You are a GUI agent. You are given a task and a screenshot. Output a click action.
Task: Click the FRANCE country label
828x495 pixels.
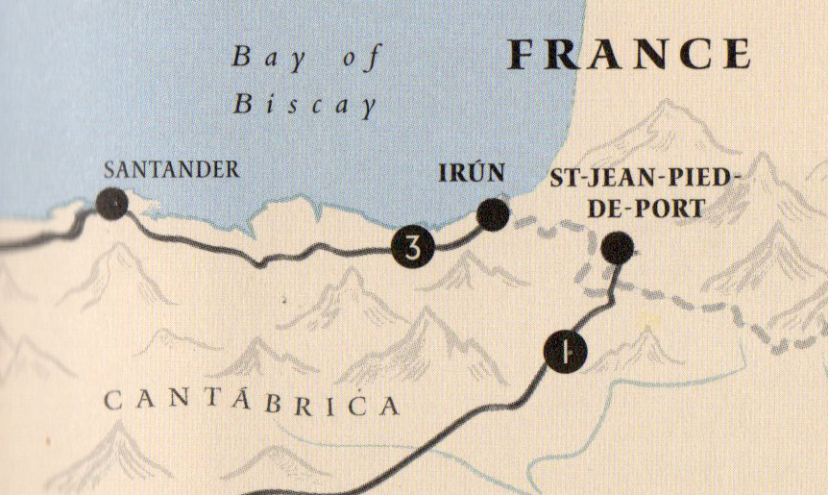[x=629, y=54]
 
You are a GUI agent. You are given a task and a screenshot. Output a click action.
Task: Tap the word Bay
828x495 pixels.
[x=262, y=58]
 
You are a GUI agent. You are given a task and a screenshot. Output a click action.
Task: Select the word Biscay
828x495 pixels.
[x=304, y=103]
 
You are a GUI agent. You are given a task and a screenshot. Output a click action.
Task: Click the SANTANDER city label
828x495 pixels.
[x=172, y=170]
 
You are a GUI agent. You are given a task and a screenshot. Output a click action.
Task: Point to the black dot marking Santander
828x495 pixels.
[x=112, y=204]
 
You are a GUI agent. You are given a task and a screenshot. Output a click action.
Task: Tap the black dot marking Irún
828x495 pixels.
[x=492, y=214]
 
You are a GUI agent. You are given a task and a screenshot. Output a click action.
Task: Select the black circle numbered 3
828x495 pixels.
[x=413, y=249]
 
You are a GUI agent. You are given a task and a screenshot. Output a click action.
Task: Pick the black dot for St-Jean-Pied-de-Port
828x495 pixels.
[x=618, y=248]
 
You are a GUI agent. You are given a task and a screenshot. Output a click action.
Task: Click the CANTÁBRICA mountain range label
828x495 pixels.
[x=251, y=403]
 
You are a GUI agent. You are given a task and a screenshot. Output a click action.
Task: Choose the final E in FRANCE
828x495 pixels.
[x=734, y=54]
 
